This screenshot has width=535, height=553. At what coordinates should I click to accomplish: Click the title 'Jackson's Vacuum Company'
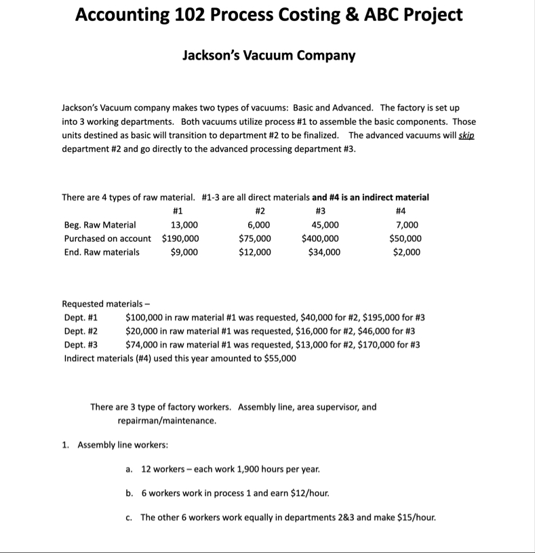click(269, 56)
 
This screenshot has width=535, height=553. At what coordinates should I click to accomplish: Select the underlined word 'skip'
click(467, 136)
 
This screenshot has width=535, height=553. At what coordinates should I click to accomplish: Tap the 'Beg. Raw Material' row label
click(100, 225)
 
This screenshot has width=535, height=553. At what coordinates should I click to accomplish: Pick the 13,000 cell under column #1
click(184, 225)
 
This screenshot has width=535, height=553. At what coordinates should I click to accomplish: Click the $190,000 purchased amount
click(180, 239)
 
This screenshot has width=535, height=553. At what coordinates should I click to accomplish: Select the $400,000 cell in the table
click(321, 239)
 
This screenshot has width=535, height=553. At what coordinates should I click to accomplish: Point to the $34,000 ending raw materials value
click(324, 252)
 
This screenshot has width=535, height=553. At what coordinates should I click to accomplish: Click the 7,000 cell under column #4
click(406, 225)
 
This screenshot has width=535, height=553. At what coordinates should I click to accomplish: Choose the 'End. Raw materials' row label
click(102, 252)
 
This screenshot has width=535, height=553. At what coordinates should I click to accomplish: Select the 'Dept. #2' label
click(81, 331)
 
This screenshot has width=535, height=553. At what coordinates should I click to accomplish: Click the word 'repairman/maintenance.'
click(167, 420)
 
